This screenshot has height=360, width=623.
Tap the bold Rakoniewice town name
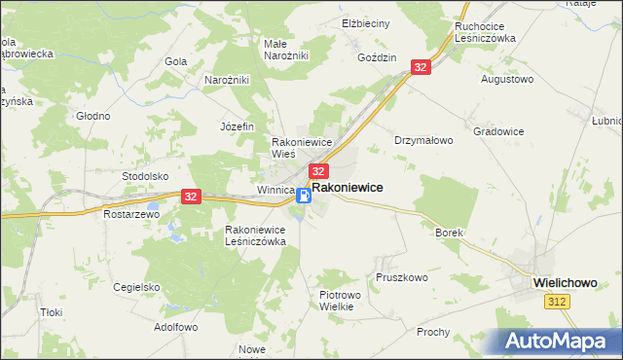point(347,187)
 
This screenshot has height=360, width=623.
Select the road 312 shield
point(556,304)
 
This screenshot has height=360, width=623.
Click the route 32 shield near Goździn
point(421,66)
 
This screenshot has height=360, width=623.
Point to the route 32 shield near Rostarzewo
point(190,196)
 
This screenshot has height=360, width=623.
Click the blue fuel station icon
point(304,196)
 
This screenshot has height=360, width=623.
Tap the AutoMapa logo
point(560,341)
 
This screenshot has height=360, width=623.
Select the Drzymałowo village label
point(423,140)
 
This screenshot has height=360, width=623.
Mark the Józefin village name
point(237,126)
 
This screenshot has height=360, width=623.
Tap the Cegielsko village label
point(135,287)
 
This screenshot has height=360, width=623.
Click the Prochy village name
point(432,332)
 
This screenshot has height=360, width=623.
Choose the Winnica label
point(275,190)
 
